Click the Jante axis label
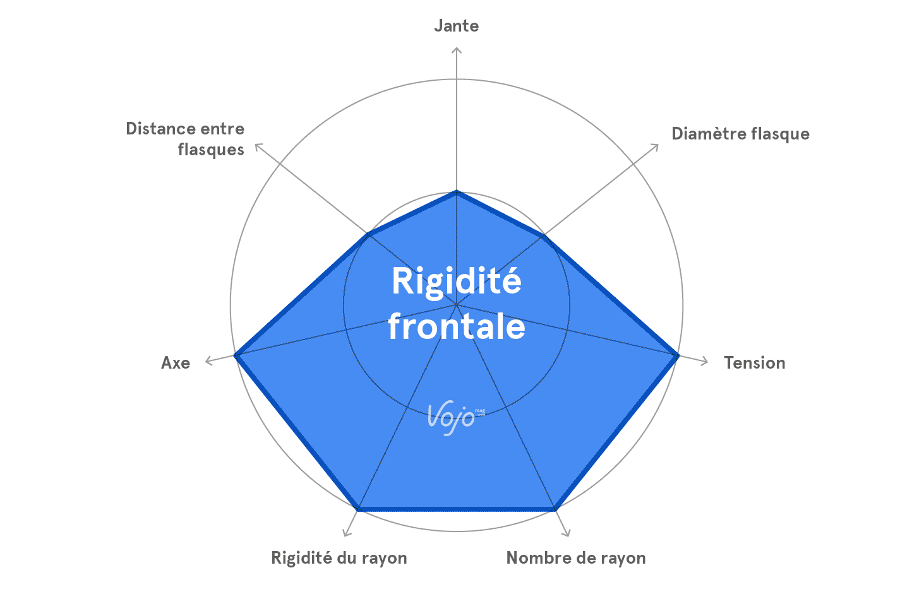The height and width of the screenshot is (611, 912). pyautogui.click(x=456, y=26)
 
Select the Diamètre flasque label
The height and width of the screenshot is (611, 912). pyautogui.click(x=740, y=134)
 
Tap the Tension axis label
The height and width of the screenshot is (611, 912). pyautogui.click(x=754, y=363)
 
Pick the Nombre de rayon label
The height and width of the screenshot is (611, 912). pyautogui.click(x=576, y=558)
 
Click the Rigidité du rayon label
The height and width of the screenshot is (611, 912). pyautogui.click(x=339, y=558)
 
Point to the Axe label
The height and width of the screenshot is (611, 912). pyautogui.click(x=176, y=363)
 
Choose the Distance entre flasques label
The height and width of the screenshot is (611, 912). pyautogui.click(x=186, y=139)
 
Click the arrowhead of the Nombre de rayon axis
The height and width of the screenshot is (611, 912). pyautogui.click(x=567, y=534)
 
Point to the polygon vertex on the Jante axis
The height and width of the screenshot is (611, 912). pyautogui.click(x=457, y=192)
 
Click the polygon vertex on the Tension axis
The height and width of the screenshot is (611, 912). pyautogui.click(x=677, y=356)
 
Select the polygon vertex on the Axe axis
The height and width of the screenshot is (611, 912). pyautogui.click(x=236, y=356)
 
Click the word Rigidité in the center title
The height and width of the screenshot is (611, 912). pyautogui.click(x=457, y=282)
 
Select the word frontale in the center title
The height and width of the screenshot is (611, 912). pyautogui.click(x=457, y=327)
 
